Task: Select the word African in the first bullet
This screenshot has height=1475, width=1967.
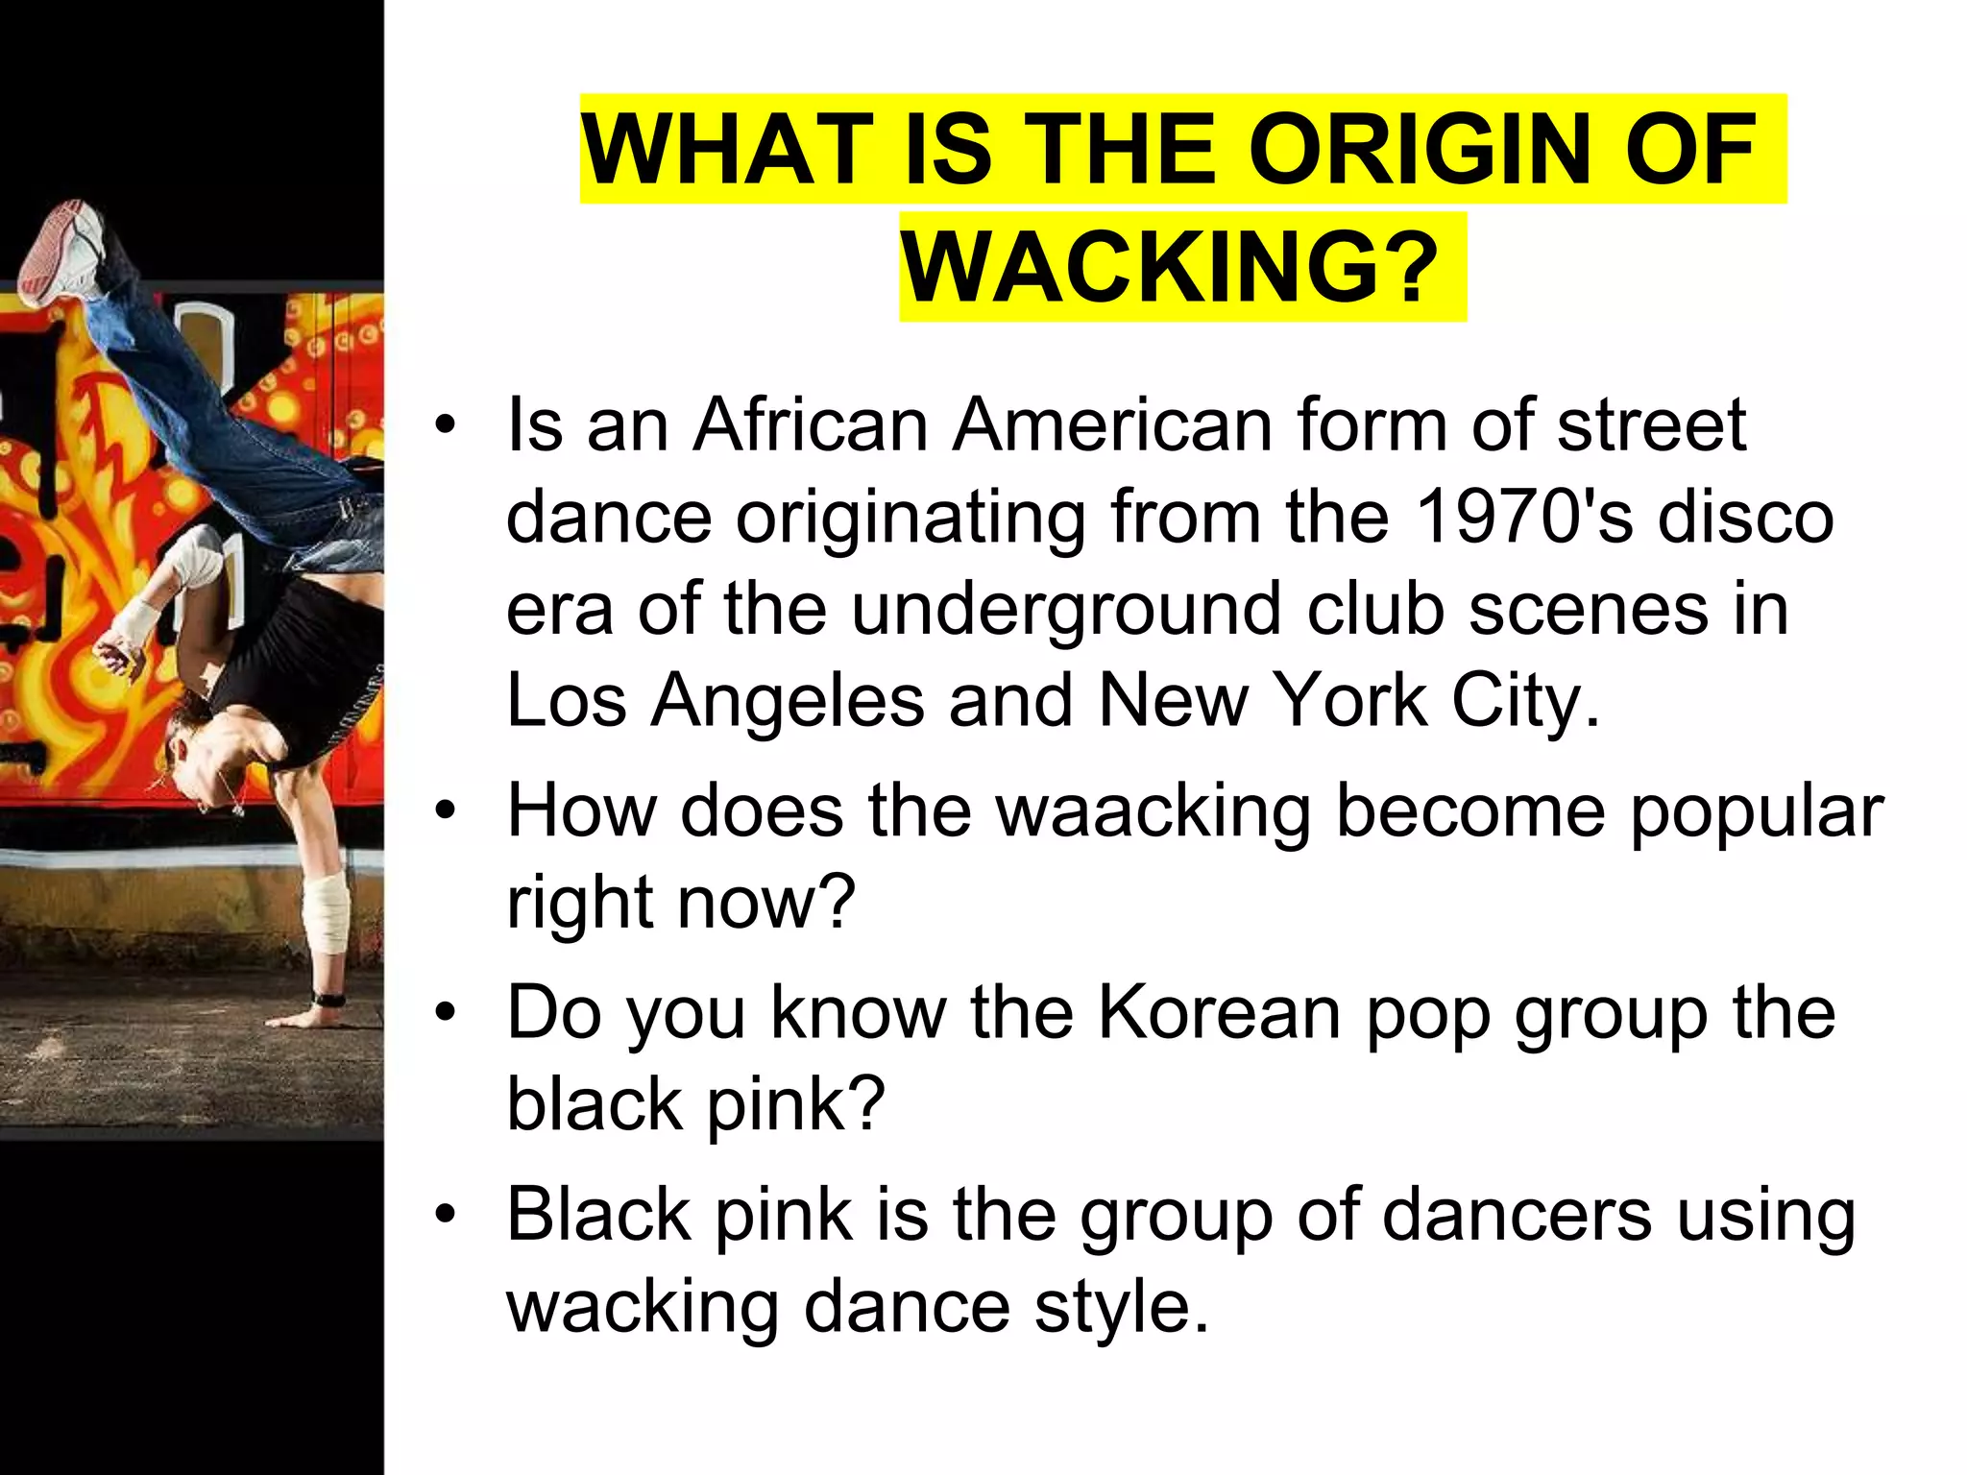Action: point(811,424)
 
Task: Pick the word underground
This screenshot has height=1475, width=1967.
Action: point(1066,611)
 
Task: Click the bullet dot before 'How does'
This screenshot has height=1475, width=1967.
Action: point(444,812)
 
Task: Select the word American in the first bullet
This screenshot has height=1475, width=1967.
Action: point(1112,424)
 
